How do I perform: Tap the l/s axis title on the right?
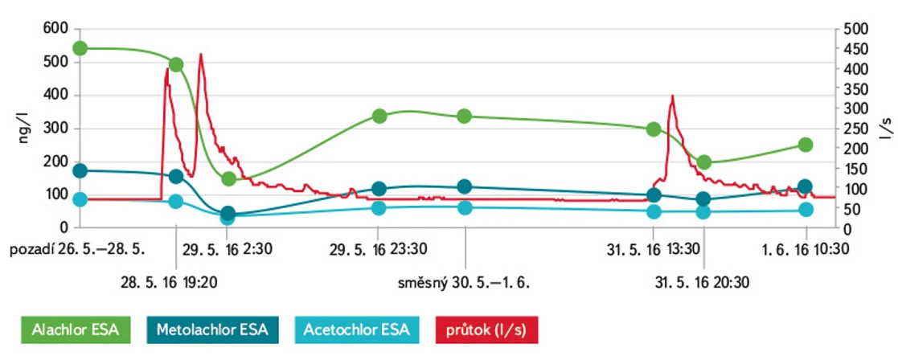(884, 129)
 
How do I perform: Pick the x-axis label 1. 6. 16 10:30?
(806, 248)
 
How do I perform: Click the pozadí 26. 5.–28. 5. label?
(77, 248)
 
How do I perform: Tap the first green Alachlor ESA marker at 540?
(80, 48)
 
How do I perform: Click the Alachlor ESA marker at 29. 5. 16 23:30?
(380, 116)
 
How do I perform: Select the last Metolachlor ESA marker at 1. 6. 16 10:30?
(805, 186)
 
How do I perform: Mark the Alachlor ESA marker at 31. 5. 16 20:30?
(704, 162)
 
